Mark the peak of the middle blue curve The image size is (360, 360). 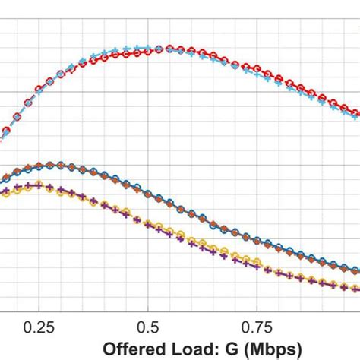coord(53,165)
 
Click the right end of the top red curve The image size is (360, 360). coord(358,115)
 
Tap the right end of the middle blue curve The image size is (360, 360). coord(358,270)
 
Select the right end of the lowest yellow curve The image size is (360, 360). coord(358,288)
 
